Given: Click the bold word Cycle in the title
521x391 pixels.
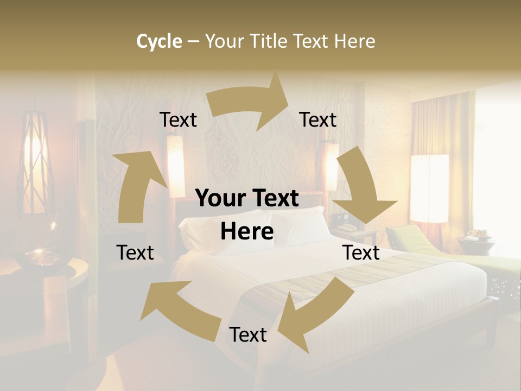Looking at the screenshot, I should [159, 41].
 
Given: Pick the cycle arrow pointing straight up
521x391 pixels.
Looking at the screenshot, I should [136, 185].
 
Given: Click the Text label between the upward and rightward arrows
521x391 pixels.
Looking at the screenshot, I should [178, 120].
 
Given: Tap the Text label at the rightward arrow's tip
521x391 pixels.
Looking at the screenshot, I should [318, 120].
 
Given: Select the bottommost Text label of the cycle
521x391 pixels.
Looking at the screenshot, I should [248, 335].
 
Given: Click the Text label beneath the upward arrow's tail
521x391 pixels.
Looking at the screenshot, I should [135, 253].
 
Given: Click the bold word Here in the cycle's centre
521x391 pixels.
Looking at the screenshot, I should [247, 232].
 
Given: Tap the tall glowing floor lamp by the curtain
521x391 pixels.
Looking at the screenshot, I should [429, 188].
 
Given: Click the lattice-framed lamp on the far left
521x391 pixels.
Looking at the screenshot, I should [35, 163].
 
